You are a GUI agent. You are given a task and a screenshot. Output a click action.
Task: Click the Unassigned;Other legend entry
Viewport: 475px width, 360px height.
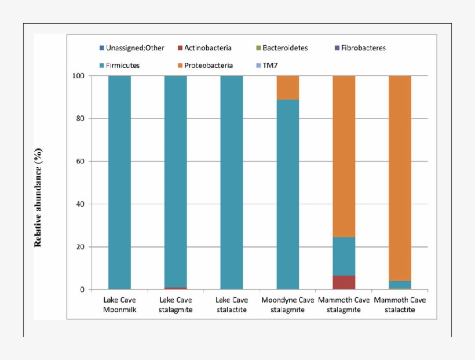pyautogui.click(x=131, y=48)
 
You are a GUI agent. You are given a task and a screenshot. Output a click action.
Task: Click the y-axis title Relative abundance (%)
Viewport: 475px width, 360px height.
pyautogui.click(x=38, y=197)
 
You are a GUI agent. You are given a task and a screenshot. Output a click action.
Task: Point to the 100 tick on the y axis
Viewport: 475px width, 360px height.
pyautogui.click(x=78, y=76)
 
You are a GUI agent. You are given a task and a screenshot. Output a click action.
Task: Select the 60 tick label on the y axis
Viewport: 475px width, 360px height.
pyautogui.click(x=81, y=161)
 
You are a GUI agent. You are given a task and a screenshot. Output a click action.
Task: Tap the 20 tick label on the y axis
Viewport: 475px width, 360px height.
pyautogui.click(x=81, y=247)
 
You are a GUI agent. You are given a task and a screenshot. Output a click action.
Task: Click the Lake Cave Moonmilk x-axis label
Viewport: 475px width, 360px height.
pyautogui.click(x=119, y=304)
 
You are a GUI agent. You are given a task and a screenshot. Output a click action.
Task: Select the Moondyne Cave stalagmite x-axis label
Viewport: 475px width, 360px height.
pyautogui.click(x=288, y=304)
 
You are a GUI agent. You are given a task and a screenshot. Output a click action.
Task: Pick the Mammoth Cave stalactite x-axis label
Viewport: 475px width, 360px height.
pyautogui.click(x=400, y=304)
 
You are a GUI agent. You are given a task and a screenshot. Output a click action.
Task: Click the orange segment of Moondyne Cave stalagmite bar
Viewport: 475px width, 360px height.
pyautogui.click(x=288, y=88)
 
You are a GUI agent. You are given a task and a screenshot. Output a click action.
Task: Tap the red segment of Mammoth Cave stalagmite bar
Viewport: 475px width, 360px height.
pyautogui.click(x=344, y=282)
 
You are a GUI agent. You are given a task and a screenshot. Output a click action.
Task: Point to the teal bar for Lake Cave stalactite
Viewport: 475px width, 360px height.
pyautogui.click(x=232, y=183)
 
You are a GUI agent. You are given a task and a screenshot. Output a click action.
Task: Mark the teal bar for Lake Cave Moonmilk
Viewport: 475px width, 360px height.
pyautogui.click(x=119, y=183)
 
